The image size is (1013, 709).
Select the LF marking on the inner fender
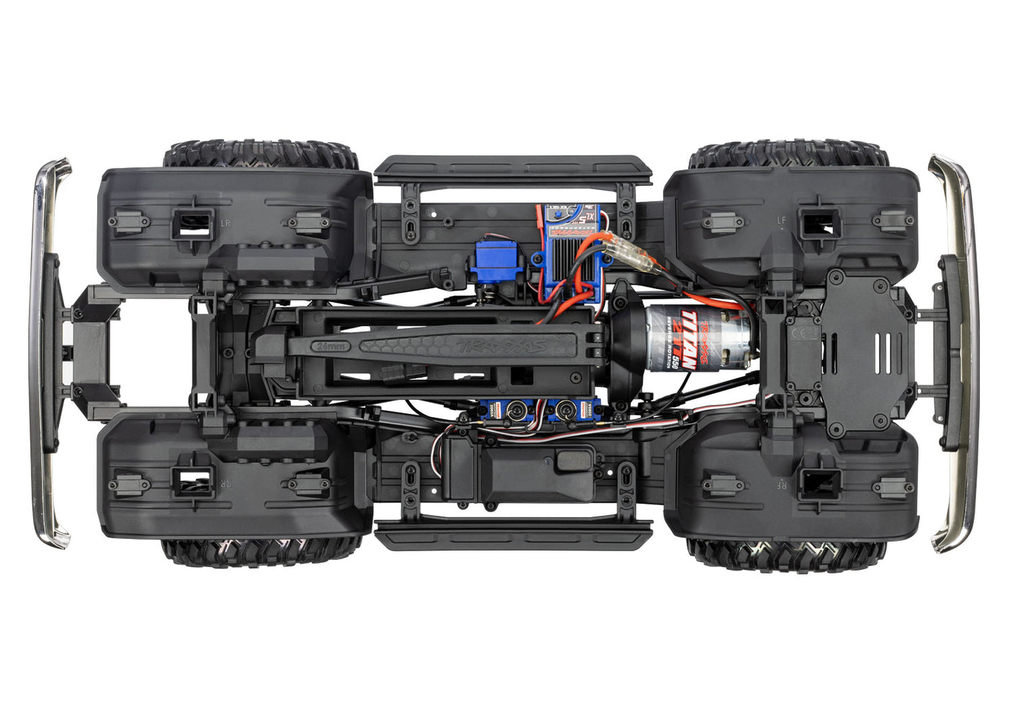click(782, 220)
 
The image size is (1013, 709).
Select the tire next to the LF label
click(789, 153)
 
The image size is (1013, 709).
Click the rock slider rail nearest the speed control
click(512, 170)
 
